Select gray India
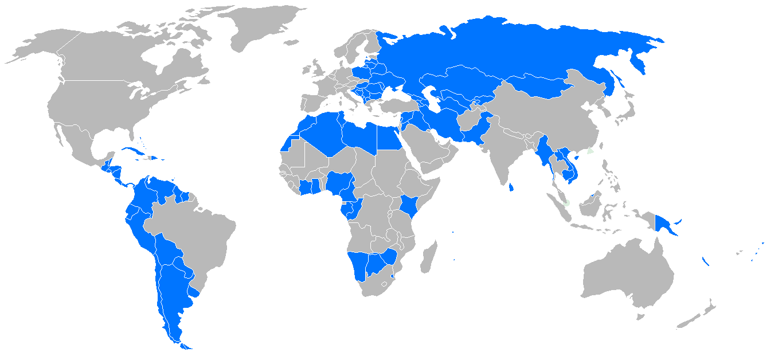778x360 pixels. tap(505, 149)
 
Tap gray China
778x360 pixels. tap(550, 115)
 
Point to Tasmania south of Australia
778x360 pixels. tap(641, 315)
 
